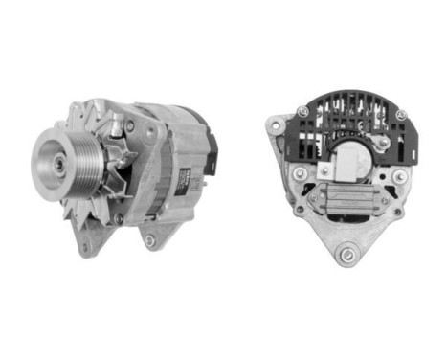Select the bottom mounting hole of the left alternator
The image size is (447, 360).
click(x=150, y=240)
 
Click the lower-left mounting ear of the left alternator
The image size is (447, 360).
click(x=85, y=248)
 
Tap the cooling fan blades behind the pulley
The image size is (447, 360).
click(x=105, y=182)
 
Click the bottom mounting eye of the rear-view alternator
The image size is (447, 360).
click(x=346, y=254)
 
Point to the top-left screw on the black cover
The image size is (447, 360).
click(x=302, y=112)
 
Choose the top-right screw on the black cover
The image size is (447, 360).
click(x=400, y=115)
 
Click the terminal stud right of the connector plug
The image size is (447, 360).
click(x=383, y=143)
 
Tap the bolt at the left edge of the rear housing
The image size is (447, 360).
click(x=301, y=173)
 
